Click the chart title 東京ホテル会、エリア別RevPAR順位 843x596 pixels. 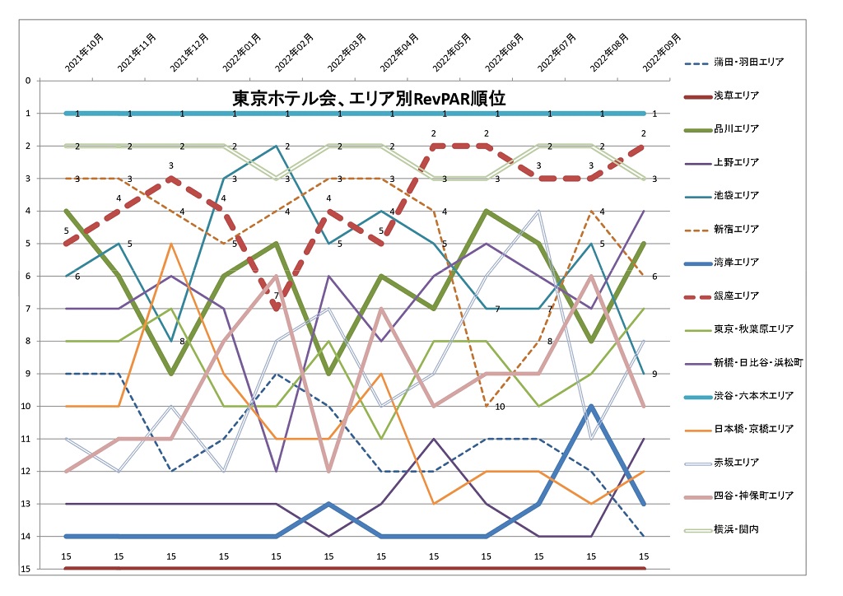click(368, 99)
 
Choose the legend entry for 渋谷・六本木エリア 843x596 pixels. click(753, 396)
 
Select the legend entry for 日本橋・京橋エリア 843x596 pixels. click(753, 429)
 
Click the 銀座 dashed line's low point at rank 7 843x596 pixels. click(276, 308)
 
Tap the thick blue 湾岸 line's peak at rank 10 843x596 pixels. click(591, 407)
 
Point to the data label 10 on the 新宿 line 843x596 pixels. click(500, 407)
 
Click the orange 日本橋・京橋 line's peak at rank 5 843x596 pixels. click(170, 244)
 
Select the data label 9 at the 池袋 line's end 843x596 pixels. click(654, 375)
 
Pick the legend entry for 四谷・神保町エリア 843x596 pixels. click(753, 496)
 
